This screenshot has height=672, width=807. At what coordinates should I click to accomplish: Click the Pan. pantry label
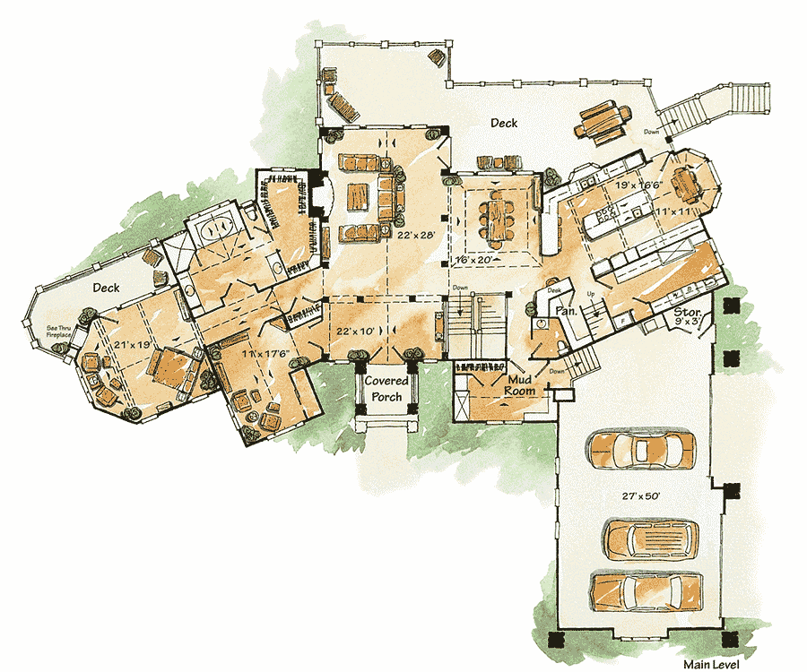pos(565,309)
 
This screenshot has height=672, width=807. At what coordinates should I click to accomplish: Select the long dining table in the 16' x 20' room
pos(498,220)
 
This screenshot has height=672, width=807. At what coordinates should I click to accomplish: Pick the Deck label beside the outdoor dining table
pos(503,124)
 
